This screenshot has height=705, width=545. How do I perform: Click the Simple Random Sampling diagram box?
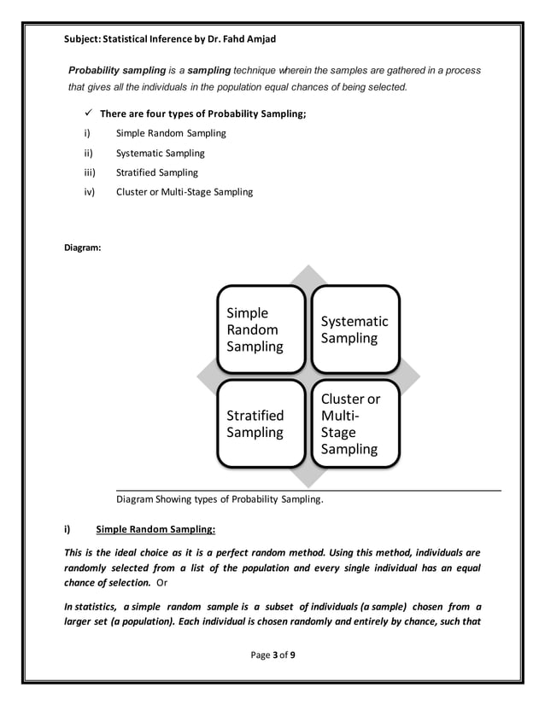[260, 329]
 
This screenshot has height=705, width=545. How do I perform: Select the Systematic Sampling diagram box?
[354, 329]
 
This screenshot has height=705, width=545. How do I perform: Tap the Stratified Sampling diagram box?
[260, 423]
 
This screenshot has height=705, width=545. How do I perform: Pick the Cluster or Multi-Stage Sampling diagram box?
[354, 423]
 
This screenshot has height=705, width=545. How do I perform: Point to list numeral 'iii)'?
[87, 172]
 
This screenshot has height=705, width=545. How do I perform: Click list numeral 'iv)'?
[87, 192]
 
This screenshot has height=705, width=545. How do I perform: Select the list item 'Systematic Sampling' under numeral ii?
[160, 153]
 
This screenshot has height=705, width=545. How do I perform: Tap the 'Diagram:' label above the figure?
[83, 248]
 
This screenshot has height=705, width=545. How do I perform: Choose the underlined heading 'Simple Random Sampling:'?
[155, 528]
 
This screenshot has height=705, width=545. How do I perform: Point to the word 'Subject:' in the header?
[83, 39]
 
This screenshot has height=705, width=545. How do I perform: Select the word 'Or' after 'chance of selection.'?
[163, 582]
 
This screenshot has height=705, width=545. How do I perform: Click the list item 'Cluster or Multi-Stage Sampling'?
[184, 192]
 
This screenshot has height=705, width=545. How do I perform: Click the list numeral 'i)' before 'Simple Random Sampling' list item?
[85, 133]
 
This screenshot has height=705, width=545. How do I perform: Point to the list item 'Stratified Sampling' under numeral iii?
[156, 172]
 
